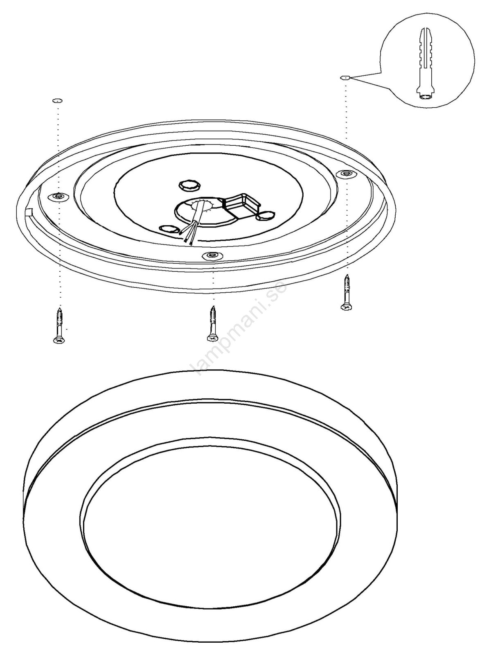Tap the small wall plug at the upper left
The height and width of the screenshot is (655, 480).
(x=57, y=101)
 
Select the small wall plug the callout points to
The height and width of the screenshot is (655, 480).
(x=345, y=77)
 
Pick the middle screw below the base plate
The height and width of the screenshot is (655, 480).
(x=212, y=323)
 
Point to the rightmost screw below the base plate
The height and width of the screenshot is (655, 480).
(x=347, y=292)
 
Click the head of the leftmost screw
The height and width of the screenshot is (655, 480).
(x=59, y=340)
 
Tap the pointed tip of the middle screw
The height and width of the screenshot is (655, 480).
(x=213, y=306)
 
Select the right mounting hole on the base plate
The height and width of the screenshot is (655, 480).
(x=347, y=174)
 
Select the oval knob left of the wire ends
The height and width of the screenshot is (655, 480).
(x=169, y=229)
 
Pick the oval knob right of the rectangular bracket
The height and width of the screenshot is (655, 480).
(x=265, y=216)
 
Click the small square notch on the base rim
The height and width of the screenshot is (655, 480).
(x=29, y=211)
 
